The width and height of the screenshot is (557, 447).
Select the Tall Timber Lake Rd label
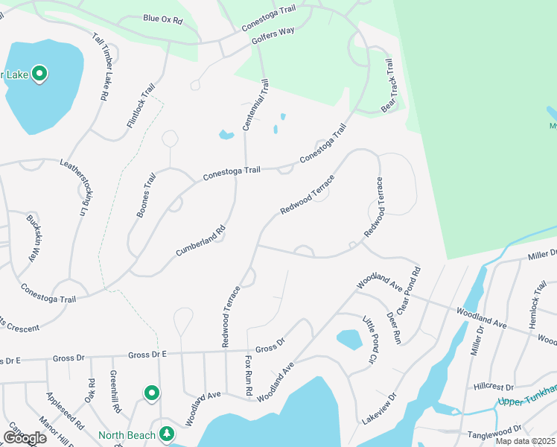(x=101, y=66)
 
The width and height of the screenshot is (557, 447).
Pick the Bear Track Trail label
(x=388, y=86)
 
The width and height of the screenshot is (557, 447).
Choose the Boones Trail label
(x=147, y=195)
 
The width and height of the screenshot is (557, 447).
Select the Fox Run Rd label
(x=249, y=375)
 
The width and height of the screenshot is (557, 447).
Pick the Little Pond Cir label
(x=368, y=340)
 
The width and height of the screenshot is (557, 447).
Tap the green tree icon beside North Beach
(x=167, y=434)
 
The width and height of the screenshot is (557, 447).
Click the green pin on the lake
(x=40, y=74)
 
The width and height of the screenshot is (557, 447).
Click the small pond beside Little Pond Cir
(x=348, y=339)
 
